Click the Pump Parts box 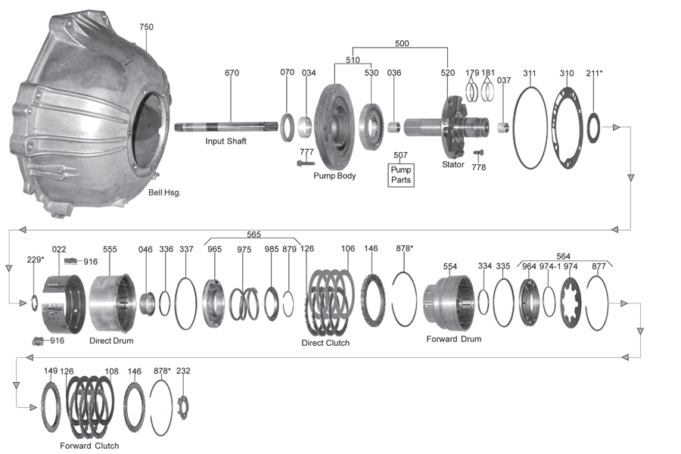coord(400,175)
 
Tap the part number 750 coord(146,26)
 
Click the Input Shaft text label coord(225,141)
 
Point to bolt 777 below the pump coord(306,163)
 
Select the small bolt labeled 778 coord(477,153)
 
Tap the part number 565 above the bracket coord(253,234)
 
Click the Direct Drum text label coord(111,340)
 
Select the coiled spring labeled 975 coord(244,303)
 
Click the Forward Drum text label coord(454,339)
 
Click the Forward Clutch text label coord(89,446)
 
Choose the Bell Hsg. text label coord(165,192)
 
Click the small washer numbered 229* coord(35,303)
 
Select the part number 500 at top coord(402,43)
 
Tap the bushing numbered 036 coord(394,128)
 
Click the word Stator coord(453,164)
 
